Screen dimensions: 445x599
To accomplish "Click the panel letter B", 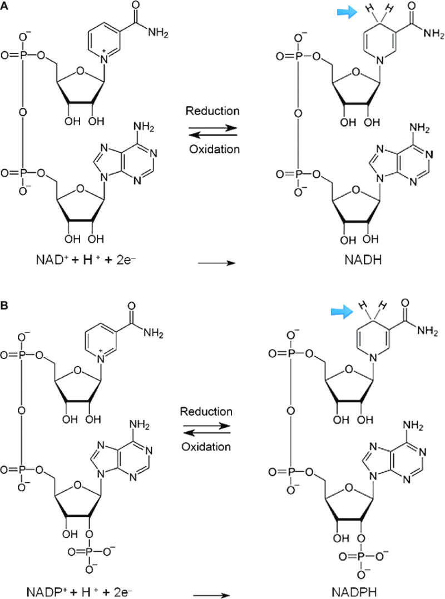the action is (x=4, y=306).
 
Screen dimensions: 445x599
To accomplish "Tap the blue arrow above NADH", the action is (x=347, y=13).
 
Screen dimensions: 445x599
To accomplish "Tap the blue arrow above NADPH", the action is (x=342, y=312).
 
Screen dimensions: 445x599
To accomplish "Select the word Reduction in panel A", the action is (x=212, y=111).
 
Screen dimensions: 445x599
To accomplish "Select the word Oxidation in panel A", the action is (x=215, y=148).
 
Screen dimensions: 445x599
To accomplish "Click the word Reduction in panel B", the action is (x=206, y=411).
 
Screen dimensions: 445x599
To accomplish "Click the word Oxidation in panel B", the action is (x=206, y=447).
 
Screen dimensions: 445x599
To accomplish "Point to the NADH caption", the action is (x=363, y=260).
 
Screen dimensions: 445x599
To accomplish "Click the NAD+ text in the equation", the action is (x=52, y=259).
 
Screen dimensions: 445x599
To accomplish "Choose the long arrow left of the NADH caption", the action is (x=216, y=263).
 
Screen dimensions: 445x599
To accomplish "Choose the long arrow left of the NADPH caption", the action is (x=211, y=595).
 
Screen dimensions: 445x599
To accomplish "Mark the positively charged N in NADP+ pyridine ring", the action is (x=101, y=359).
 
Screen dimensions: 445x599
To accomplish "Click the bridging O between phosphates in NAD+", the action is (x=23, y=113).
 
